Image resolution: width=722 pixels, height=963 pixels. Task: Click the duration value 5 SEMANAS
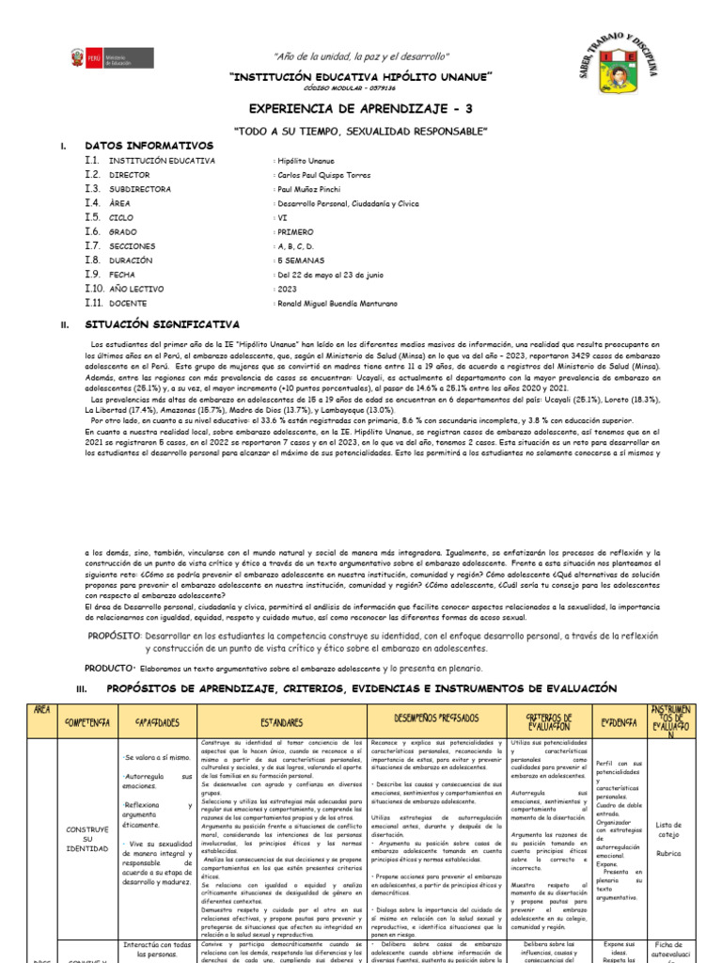coord(298,260)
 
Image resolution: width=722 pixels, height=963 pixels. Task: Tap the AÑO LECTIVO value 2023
coord(286,289)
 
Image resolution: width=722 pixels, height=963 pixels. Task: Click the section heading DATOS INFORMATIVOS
coord(149,146)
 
